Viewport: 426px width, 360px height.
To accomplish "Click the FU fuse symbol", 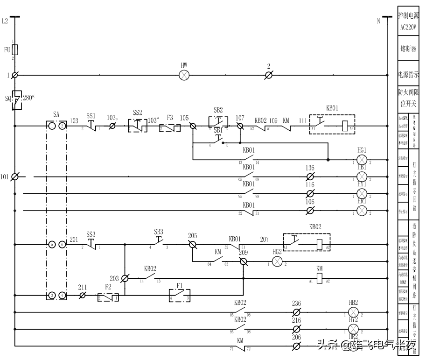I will tap(15, 49).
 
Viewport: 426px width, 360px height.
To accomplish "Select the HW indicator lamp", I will tap(184, 75).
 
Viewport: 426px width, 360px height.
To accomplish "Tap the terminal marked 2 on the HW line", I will tap(268, 75).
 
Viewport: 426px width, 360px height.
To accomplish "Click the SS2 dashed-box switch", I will tap(137, 126).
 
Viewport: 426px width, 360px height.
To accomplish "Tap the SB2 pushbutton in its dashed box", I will tap(218, 122).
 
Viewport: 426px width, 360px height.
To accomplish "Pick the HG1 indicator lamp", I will tap(362, 160).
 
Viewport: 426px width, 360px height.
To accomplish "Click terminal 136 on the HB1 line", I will tap(310, 177).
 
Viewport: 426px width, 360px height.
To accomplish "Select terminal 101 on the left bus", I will tap(15, 177).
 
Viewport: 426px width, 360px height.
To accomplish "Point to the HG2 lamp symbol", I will tap(277, 261).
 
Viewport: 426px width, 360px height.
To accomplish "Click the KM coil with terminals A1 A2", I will tap(319, 278).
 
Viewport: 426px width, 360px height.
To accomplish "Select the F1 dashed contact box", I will tap(180, 295).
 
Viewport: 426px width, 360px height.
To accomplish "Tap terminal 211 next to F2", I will tap(83, 296).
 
